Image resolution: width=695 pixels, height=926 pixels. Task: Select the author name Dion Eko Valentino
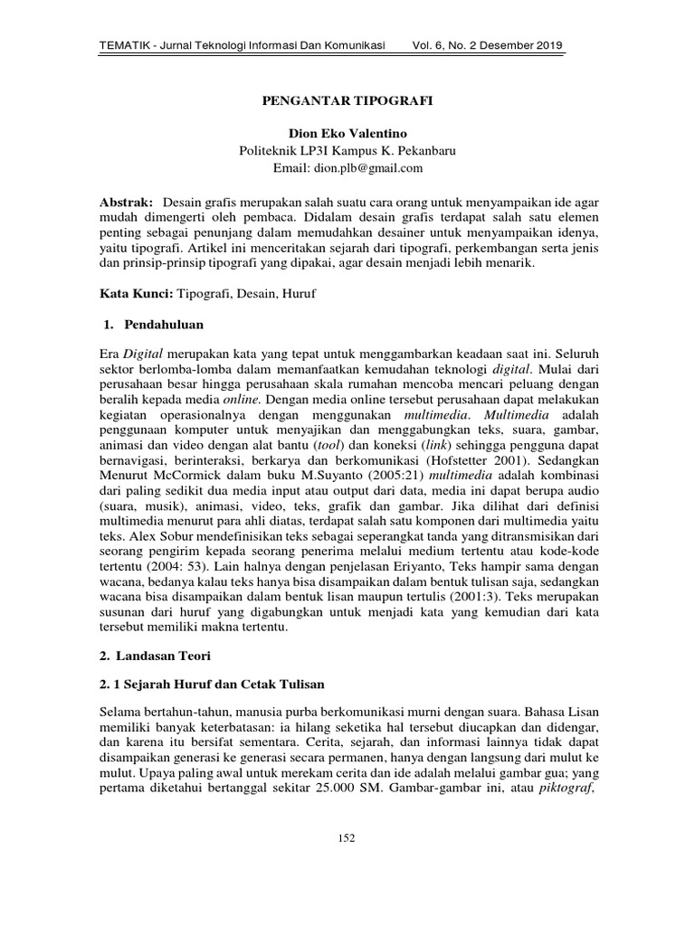point(347,134)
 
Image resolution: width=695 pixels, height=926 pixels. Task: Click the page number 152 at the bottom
point(347,838)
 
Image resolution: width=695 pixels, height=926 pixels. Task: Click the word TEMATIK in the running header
point(125,45)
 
